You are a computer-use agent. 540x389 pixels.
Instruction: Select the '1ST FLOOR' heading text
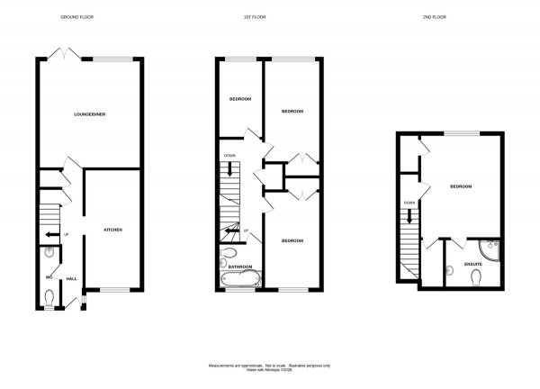(x=266, y=17)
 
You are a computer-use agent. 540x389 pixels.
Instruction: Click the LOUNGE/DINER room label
(x=88, y=114)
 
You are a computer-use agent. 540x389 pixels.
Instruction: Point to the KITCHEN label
(x=112, y=231)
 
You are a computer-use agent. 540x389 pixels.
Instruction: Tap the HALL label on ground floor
(x=71, y=280)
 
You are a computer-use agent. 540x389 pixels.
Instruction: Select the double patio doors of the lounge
(x=66, y=55)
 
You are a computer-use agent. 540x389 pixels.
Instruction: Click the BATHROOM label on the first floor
(x=239, y=267)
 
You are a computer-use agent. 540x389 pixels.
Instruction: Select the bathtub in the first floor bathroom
(x=239, y=279)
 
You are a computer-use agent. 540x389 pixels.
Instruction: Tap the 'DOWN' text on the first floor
(x=229, y=154)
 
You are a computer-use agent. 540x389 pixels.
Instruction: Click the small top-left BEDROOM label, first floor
(x=239, y=98)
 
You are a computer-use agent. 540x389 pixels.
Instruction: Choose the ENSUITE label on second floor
(x=472, y=263)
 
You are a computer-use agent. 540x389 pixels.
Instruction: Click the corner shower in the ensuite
(x=489, y=248)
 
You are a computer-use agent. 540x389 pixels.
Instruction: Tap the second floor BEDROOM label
(x=461, y=186)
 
